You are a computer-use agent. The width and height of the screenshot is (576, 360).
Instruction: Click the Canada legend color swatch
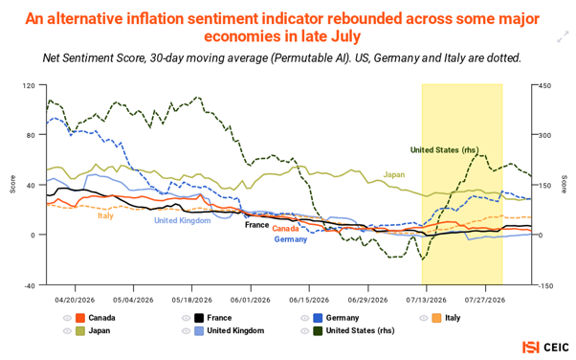pos(80,318)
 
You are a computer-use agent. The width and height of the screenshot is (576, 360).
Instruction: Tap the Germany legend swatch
pos(318,318)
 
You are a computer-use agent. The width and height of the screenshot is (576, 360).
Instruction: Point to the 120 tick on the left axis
pos(29,85)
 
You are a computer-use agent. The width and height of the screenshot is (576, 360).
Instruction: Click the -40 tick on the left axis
pos(29,285)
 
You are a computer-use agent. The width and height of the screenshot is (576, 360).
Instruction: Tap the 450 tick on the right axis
pos(544,85)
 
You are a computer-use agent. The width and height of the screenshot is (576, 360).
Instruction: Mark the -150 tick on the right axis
pos(545,285)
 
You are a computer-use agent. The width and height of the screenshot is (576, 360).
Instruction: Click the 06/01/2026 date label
pos(250,300)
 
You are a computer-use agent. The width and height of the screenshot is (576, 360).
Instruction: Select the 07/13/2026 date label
pos(426,300)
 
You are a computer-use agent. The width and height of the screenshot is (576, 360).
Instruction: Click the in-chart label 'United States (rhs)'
pos(445,150)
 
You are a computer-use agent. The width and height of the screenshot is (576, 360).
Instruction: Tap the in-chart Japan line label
pos(394,174)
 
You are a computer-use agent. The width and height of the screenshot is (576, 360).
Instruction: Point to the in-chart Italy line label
pos(105,215)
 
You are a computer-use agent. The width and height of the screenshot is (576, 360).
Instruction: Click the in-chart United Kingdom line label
pos(183,220)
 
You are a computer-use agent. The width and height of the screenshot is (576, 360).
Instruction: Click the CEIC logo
pos(546,348)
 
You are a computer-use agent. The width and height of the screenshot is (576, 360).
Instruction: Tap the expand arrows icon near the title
pos(563,37)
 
